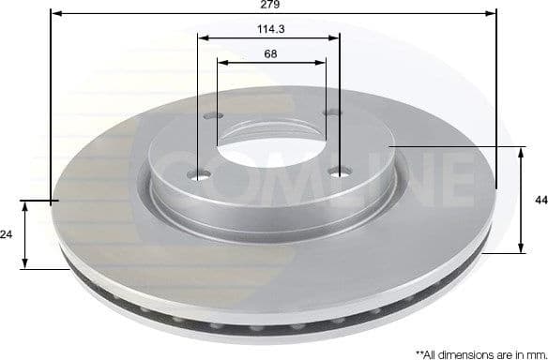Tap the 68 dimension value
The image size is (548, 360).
[270, 53]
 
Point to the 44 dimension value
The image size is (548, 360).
[539, 201]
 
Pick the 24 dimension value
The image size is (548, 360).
[8, 235]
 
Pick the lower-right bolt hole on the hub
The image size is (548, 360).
[340, 172]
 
